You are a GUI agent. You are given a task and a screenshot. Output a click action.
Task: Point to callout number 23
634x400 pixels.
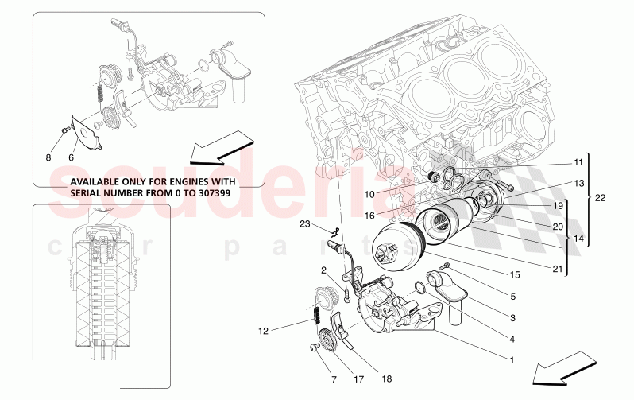304,224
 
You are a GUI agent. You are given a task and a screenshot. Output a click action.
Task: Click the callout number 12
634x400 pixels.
264,328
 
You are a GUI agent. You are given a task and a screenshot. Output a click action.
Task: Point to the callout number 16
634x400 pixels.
369,216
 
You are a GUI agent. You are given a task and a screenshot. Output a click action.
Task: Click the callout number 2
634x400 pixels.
324,270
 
